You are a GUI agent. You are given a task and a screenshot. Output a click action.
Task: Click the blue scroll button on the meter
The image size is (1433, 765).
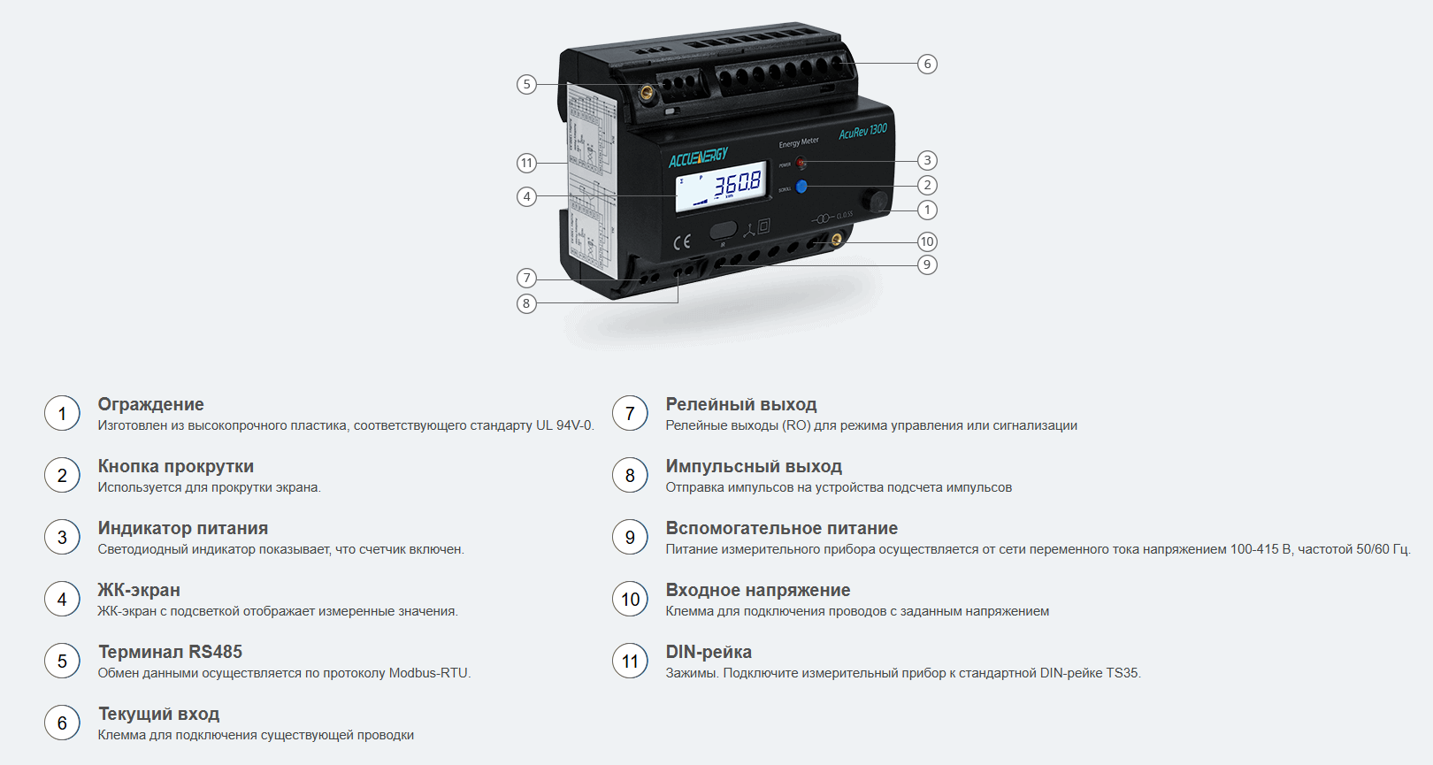point(801,186)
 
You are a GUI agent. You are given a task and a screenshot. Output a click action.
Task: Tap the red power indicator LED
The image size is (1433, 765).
point(801,163)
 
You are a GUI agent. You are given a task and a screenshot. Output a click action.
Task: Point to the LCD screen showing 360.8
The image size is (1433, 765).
point(722,187)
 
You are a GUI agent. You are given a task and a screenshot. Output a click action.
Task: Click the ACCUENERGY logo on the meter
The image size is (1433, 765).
point(698,157)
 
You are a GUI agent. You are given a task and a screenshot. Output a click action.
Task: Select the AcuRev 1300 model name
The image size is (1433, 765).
point(863,131)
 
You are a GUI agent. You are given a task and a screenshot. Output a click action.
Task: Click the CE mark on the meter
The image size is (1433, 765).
point(682,241)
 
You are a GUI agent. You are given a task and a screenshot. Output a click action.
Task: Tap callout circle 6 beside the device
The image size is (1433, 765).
point(927,64)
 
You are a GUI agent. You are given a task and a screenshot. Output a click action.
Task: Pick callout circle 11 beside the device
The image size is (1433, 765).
point(526,163)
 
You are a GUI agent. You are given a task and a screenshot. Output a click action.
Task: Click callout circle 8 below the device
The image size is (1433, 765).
point(526,303)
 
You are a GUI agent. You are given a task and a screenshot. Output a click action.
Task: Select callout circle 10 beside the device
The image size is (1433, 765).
point(927,241)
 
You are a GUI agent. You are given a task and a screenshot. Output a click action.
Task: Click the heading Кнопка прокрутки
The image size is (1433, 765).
point(176,466)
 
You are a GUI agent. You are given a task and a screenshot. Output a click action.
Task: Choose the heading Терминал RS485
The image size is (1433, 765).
point(170,652)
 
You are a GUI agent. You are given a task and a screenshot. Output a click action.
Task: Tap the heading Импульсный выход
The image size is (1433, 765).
point(754,466)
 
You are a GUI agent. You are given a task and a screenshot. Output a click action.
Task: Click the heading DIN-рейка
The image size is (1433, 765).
point(709,652)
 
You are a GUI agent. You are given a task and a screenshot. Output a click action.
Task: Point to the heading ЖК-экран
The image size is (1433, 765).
point(139,590)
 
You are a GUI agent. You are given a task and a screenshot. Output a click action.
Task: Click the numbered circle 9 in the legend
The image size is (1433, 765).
point(630,538)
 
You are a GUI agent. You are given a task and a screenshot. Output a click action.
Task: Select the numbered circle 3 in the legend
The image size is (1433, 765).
point(62,538)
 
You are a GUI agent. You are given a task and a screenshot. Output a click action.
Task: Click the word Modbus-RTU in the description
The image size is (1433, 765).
point(429,673)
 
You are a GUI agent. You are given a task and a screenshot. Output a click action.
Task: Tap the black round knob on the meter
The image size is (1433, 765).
point(875,200)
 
